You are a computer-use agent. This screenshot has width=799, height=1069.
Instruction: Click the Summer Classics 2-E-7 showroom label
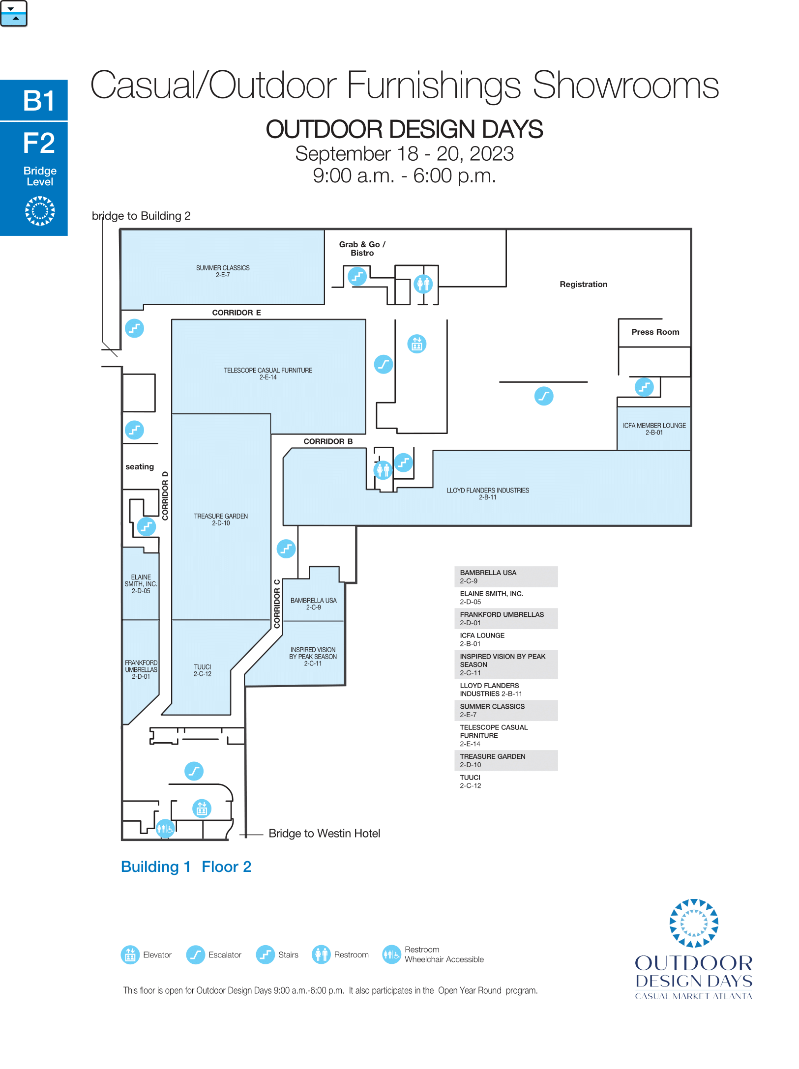[x=223, y=271]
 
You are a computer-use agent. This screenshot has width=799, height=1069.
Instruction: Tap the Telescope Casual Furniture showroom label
[x=268, y=374]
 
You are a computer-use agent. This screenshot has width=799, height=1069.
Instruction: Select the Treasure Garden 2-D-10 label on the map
[x=221, y=520]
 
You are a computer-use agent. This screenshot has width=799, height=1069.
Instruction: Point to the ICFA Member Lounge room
[x=654, y=429]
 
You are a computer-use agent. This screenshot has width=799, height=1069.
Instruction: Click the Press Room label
[x=655, y=332]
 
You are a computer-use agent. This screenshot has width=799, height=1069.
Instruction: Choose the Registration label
[x=584, y=285]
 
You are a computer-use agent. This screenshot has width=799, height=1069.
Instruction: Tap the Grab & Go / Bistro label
[x=362, y=249]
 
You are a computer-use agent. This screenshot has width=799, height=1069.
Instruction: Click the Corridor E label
[x=237, y=313]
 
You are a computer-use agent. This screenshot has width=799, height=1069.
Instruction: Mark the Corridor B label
[x=328, y=441]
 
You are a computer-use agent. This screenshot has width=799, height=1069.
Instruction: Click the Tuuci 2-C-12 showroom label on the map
[x=202, y=670]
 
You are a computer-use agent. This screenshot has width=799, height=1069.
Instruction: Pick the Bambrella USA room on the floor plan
[x=314, y=595]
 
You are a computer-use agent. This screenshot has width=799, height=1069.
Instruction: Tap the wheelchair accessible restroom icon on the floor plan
[x=165, y=829]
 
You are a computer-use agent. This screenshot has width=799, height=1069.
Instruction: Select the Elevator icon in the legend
[x=130, y=955]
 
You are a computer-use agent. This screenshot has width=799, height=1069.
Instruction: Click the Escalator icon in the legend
[x=196, y=955]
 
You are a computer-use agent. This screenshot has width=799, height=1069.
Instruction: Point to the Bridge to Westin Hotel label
[x=325, y=834]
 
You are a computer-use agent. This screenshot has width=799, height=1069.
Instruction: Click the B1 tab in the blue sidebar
[x=34, y=100]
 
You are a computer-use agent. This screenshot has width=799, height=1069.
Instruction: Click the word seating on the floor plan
[x=140, y=467]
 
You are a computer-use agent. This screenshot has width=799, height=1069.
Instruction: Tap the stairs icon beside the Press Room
[x=644, y=387]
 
